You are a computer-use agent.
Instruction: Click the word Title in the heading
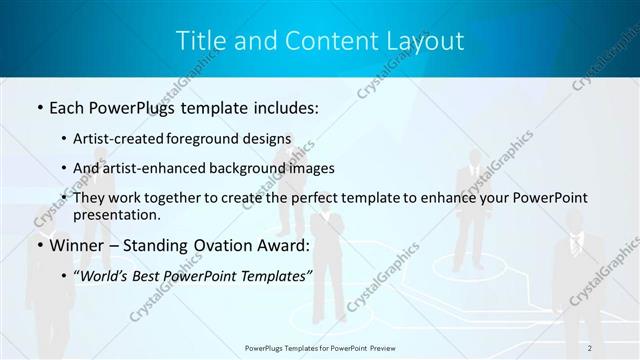point(199,41)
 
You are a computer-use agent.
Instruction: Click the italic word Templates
point(273,275)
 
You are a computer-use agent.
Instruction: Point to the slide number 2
point(590,348)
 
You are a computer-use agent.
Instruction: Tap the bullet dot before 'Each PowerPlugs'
point(39,105)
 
